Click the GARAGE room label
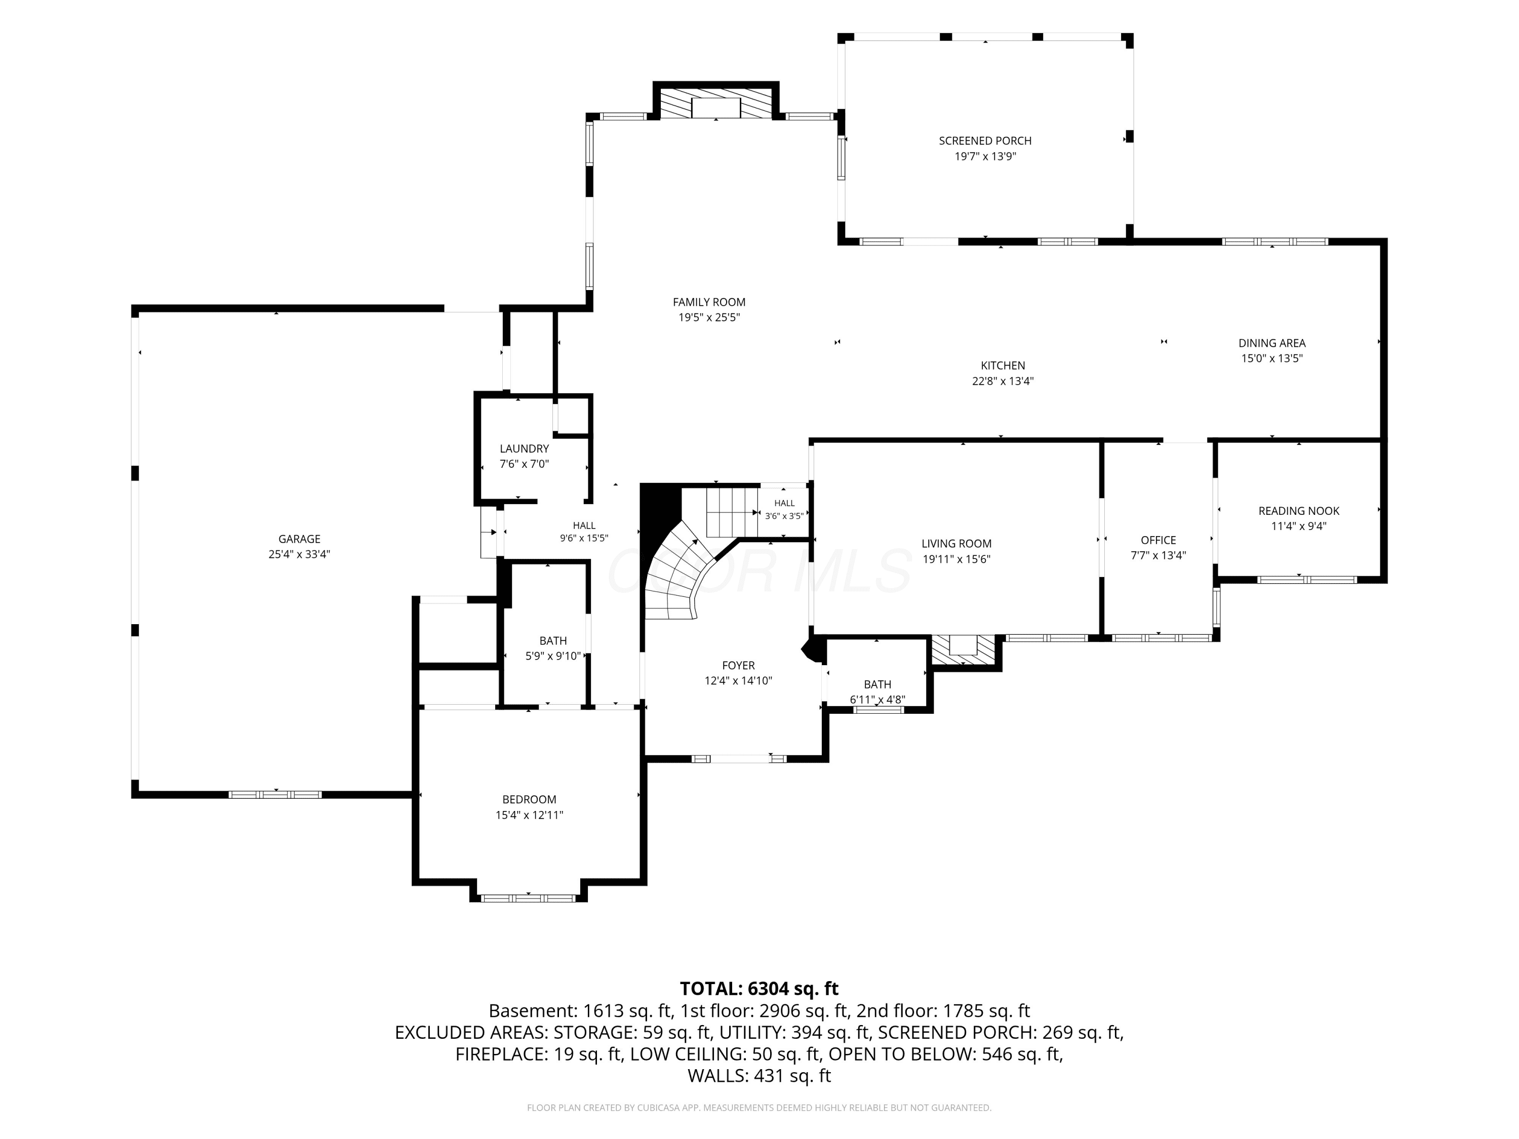(x=299, y=539)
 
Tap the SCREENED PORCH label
(x=985, y=141)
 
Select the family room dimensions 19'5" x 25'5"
(x=709, y=318)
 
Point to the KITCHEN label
(x=1003, y=366)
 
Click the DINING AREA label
(x=1272, y=343)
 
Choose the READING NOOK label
(x=1299, y=511)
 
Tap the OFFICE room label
(x=1158, y=540)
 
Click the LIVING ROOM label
(x=956, y=544)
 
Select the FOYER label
(x=739, y=665)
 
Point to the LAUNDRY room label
(x=525, y=449)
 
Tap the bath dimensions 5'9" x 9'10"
(x=553, y=657)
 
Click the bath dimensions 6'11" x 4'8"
(x=877, y=700)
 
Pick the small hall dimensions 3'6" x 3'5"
(x=784, y=516)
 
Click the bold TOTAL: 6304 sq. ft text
(x=759, y=989)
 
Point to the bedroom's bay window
(x=528, y=898)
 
